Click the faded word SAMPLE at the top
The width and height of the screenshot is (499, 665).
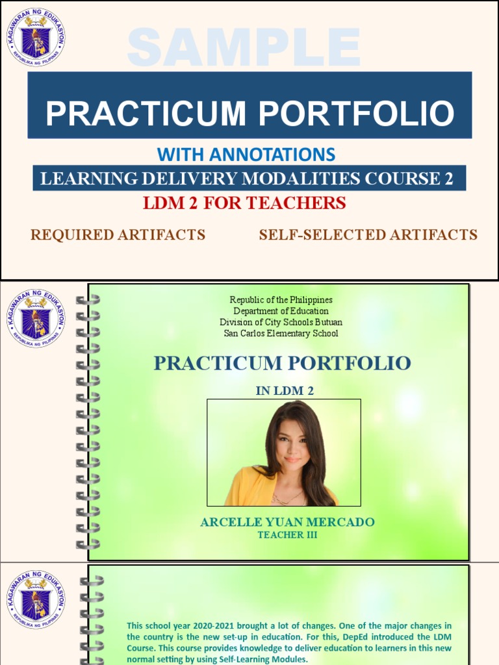tap(244, 47)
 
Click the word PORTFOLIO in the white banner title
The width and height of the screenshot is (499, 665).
tap(357, 114)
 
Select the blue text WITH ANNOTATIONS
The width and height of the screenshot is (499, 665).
tap(246, 155)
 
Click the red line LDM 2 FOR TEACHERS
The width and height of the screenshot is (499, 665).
tap(244, 203)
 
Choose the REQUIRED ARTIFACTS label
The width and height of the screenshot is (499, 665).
tap(118, 235)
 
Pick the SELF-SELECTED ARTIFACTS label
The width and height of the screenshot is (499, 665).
tap(368, 235)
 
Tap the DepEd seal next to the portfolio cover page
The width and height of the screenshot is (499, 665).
tap(36, 318)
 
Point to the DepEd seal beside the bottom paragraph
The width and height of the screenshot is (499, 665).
tap(36, 599)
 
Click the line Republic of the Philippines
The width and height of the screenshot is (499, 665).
tap(281, 300)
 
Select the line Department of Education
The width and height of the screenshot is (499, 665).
tap(281, 311)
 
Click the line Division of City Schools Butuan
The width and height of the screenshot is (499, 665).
tap(281, 322)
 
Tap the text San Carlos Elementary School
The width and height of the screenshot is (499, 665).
tap(281, 333)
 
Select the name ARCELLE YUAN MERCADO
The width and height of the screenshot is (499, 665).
tap(287, 523)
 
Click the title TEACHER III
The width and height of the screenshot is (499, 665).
tap(287, 535)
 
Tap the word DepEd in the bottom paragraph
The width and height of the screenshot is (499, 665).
tap(337, 636)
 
